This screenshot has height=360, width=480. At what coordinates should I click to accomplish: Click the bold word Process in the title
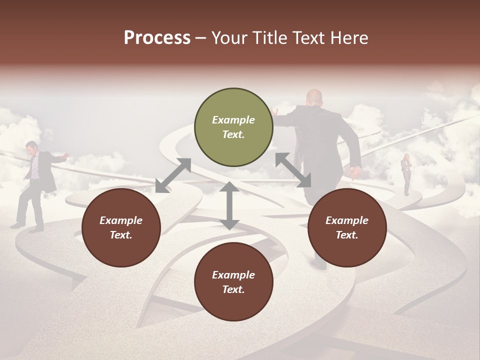pyautogui.click(x=157, y=38)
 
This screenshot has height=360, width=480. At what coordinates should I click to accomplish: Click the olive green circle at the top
pyautogui.click(x=233, y=127)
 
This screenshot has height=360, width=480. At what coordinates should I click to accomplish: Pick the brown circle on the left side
pyautogui.click(x=121, y=227)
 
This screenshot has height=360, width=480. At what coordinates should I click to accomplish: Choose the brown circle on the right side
pyautogui.click(x=347, y=227)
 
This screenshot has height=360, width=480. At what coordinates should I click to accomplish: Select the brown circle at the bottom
pyautogui.click(x=233, y=282)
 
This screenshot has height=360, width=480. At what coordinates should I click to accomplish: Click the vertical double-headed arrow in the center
pyautogui.click(x=229, y=205)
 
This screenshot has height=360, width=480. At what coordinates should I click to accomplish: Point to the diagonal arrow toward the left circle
pyautogui.click(x=173, y=175)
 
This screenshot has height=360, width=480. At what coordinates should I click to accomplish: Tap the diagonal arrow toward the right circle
pyautogui.click(x=293, y=170)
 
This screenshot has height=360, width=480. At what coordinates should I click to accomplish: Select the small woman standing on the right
pyautogui.click(x=406, y=174)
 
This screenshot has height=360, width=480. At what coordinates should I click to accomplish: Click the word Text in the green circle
pyautogui.click(x=233, y=134)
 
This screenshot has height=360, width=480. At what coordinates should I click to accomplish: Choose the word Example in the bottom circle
pyautogui.click(x=233, y=275)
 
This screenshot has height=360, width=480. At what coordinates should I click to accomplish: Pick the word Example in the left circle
pyautogui.click(x=121, y=220)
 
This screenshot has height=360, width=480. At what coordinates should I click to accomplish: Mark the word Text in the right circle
pyautogui.click(x=347, y=235)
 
